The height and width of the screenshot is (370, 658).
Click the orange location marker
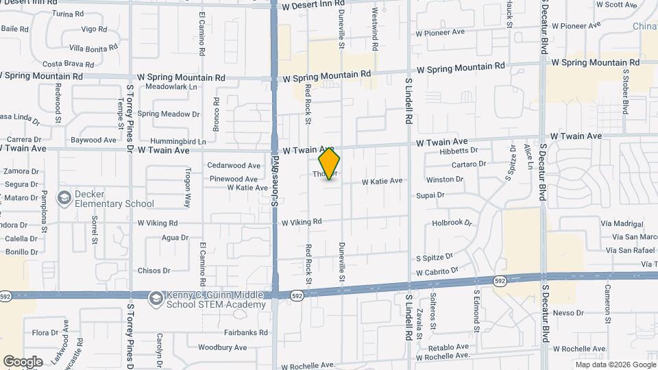pos(329,164)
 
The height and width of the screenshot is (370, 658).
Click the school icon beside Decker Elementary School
pos(64,198)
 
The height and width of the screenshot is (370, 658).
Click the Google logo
pos(23,361)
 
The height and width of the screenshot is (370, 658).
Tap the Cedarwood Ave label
pos(234,165)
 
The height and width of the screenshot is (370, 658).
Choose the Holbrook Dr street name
pos(452,223)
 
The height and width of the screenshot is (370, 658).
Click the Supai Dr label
pos(430,195)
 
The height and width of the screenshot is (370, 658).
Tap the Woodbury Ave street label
pos(222,347)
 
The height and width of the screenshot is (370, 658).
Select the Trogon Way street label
pos(187,188)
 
